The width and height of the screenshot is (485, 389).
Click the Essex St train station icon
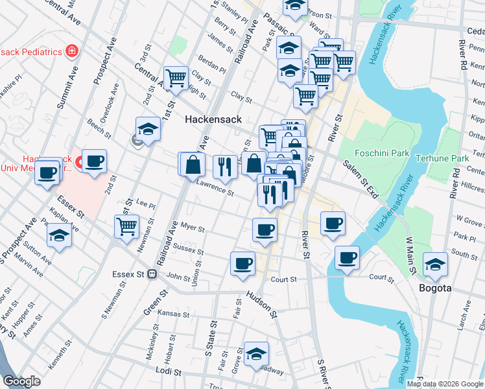[151, 274]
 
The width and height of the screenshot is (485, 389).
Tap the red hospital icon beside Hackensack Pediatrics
[71, 51]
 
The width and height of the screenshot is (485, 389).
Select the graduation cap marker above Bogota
[435, 263]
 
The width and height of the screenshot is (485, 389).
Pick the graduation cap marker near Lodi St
[256, 353]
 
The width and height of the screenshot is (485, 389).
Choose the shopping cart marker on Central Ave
[176, 77]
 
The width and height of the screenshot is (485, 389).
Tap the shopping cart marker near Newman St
[126, 226]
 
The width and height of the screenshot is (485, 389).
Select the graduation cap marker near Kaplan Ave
[60, 236]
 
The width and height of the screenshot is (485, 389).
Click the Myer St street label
[192, 228]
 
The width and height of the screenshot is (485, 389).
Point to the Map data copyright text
[445, 384]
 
